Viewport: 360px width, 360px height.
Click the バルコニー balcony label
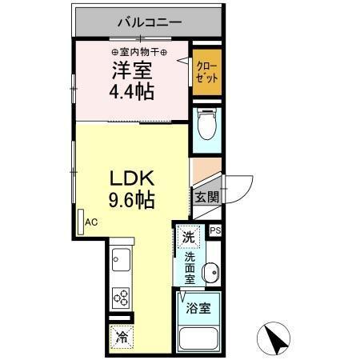point(150,23)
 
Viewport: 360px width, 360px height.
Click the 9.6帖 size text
point(126,198)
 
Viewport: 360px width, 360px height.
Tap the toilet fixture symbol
point(206,127)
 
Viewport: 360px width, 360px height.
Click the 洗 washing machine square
point(188,237)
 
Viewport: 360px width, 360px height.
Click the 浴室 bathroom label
point(198,308)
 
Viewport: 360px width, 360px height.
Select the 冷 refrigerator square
point(121,338)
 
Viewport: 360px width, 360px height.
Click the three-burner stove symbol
point(122,298)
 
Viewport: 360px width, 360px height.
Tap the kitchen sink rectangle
point(122,262)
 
